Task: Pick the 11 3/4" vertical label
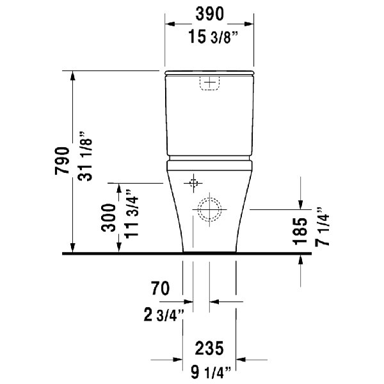coord(132,213)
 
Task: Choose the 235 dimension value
coord(209,349)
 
